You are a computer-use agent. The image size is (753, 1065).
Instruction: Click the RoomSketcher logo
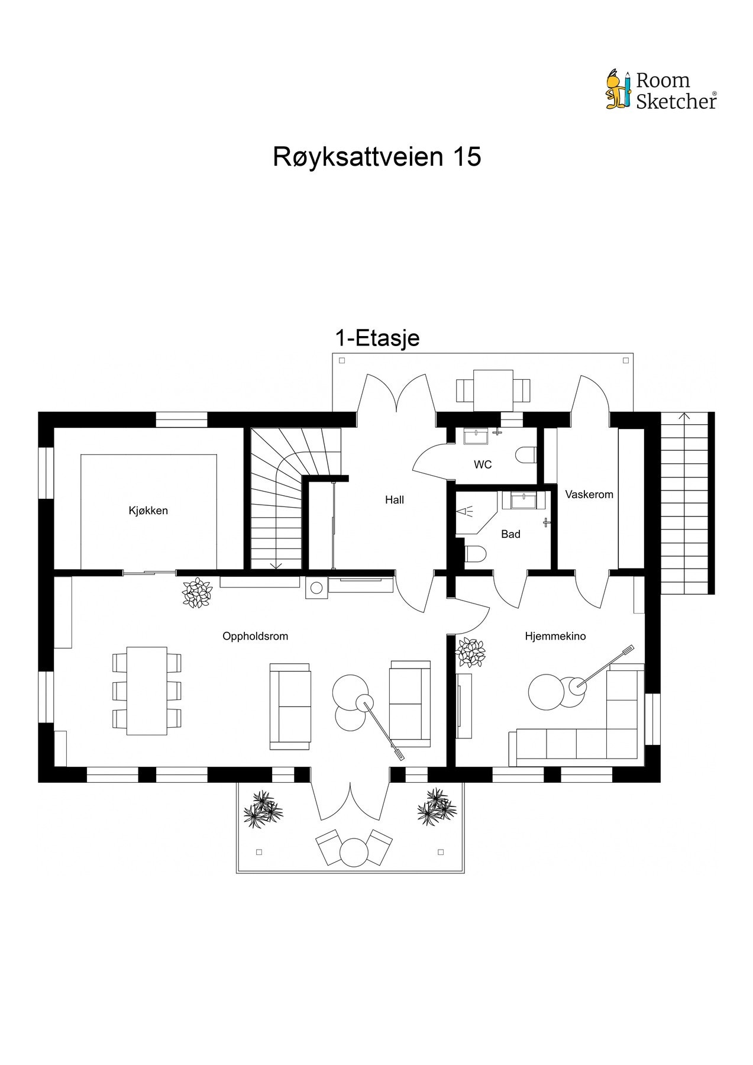[x=661, y=91]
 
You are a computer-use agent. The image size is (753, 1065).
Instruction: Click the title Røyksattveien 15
[x=377, y=157]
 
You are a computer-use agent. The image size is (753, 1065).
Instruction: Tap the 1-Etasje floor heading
[x=377, y=338]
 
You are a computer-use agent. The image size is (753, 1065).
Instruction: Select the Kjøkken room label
[x=148, y=511]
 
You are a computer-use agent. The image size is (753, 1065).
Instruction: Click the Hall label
[x=395, y=500]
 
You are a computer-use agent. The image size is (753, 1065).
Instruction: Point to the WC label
[x=483, y=465]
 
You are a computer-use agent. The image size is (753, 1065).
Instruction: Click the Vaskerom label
[x=589, y=494]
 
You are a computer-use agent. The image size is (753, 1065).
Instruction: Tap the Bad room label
[x=510, y=534]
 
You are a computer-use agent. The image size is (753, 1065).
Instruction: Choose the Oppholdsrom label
[x=255, y=637]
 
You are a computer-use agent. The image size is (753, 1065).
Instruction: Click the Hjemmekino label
[x=555, y=637]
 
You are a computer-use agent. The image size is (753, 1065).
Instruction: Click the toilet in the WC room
[x=525, y=455]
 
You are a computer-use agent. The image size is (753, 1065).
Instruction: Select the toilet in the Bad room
[x=476, y=554]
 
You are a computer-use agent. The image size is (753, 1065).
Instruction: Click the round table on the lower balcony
[x=354, y=853]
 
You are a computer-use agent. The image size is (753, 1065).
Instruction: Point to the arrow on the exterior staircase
[x=685, y=417]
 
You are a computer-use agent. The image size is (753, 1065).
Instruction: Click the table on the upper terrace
[x=493, y=389]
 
